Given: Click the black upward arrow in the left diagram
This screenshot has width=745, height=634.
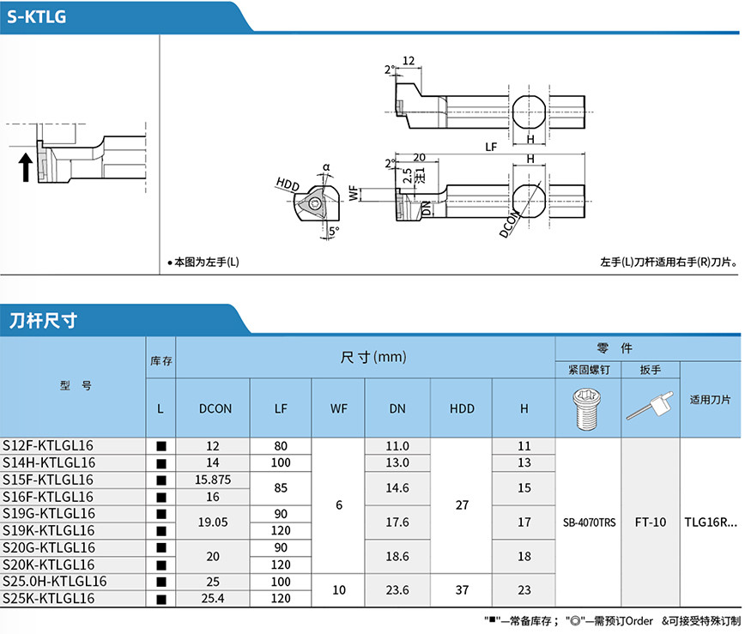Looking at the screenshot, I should tap(26, 166).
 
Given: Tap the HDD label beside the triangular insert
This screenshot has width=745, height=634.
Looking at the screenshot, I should tap(288, 184).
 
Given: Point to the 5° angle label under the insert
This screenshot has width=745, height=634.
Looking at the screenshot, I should tap(333, 230).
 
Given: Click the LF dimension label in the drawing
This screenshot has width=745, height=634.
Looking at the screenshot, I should tap(490, 147).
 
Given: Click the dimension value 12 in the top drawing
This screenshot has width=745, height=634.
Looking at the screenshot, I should tap(408, 61).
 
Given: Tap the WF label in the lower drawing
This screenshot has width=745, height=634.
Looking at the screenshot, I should tap(354, 194).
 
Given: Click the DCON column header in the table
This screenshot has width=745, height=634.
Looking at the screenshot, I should tap(215, 408).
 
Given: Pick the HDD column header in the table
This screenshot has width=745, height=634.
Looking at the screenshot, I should tap(462, 408).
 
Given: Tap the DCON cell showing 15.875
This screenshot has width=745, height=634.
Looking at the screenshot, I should tap(214, 480).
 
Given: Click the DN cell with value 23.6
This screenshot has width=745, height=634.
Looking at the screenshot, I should tap(397, 590).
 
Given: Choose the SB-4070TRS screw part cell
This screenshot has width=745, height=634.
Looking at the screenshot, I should tap(588, 522).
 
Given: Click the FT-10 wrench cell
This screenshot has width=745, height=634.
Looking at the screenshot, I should tap(649, 522).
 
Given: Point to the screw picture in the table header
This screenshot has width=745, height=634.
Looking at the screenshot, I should tap(588, 408).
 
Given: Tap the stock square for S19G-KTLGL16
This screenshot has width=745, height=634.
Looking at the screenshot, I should tap(161, 514).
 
